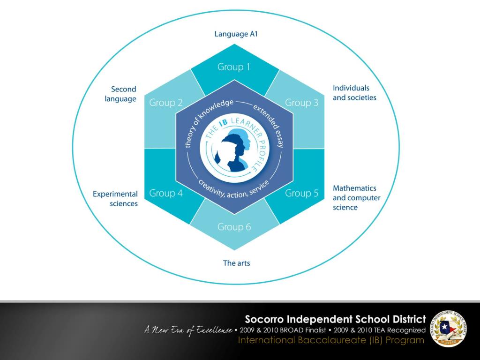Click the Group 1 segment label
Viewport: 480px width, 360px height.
[233, 67]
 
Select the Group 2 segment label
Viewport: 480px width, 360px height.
[166, 103]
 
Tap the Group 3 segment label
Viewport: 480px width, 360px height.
[301, 103]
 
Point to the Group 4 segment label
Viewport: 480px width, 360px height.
[166, 193]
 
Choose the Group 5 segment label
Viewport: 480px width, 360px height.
[301, 193]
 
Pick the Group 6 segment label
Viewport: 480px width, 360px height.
[234, 227]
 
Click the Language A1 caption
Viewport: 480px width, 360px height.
[236, 34]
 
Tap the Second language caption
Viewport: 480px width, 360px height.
[121, 94]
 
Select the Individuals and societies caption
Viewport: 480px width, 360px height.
[354, 93]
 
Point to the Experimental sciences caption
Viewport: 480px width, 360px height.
[115, 198]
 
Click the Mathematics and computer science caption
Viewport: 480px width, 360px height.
[356, 197]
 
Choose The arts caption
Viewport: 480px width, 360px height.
[236, 263]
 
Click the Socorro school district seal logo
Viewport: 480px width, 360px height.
[448, 330]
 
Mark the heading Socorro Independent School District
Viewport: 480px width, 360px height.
[335, 320]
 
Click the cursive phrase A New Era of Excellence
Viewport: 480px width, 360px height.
[187, 331]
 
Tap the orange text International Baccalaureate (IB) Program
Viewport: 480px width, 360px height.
[331, 340]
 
